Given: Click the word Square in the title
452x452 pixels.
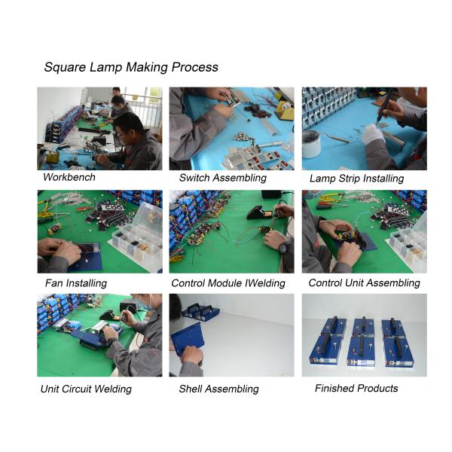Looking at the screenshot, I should point(64,67).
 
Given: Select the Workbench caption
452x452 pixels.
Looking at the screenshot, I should point(70,178).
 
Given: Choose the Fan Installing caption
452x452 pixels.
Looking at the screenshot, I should point(76,283).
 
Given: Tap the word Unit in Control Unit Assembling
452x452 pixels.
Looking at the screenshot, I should point(358,283).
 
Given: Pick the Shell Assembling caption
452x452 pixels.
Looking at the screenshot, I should point(218,389).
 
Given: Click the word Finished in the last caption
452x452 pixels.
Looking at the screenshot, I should point(337,389).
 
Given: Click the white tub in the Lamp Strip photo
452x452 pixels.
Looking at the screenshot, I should point(311,143).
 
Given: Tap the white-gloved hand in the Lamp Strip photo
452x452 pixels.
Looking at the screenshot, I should point(373,136).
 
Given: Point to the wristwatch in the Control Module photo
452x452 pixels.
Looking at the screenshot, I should point(283,247).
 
